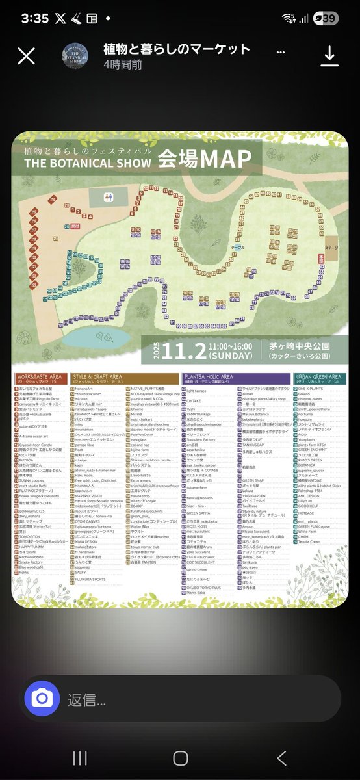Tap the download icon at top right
(329, 56)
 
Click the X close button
(26, 56)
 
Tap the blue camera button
(42, 699)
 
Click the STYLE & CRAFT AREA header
(97, 377)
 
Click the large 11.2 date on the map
(183, 351)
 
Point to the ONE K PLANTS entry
(311, 387)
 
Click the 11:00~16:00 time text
(231, 346)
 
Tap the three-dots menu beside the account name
(281, 51)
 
